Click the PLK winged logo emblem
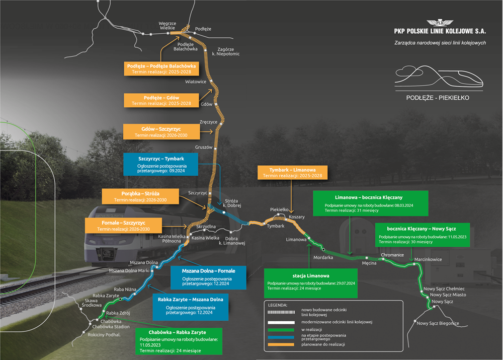pyautogui.click(x=440, y=23)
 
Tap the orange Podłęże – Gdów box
pyautogui.click(x=161, y=100)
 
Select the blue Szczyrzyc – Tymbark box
pyautogui.click(x=161, y=164)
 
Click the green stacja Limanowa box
pyautogui.click(x=310, y=283)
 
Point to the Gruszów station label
pyautogui.click(x=204, y=147)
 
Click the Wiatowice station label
pyautogui.click(x=196, y=82)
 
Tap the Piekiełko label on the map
pyautogui.click(x=279, y=209)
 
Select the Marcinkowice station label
pyautogui.click(x=428, y=259)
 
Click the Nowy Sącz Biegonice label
pyautogui.click(x=438, y=323)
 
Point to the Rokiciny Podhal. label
pyautogui.click(x=104, y=335)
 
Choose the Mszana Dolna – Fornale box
pyautogui.click(x=209, y=277)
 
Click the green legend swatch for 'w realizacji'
pyautogui.click(x=281, y=330)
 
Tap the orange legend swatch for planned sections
pyautogui.click(x=281, y=344)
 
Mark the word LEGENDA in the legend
pyautogui.click(x=278, y=305)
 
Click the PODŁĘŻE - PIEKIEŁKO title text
pyautogui.click(x=438, y=98)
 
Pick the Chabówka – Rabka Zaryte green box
pyautogui.click(x=179, y=341)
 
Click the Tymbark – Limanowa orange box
pyautogui.click(x=292, y=173)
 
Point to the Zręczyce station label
pyautogui.click(x=209, y=122)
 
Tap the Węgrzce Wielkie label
pyautogui.click(x=167, y=26)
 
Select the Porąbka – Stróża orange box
pyautogui.click(x=140, y=196)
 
